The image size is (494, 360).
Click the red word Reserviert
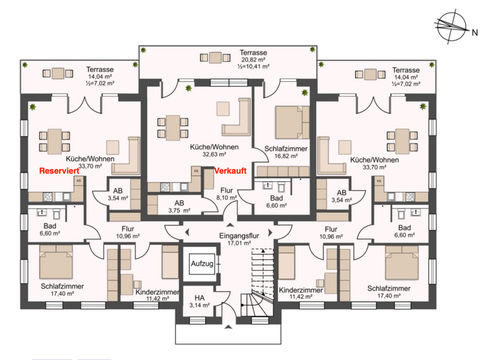point(60,172)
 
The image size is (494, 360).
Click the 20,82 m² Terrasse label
point(253,59)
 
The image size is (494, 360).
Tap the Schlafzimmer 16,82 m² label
point(286,152)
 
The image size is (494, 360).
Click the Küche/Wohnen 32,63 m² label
point(214,150)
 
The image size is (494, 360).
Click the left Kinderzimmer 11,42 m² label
point(157,295)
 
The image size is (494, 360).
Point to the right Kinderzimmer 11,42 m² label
point(300,295)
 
